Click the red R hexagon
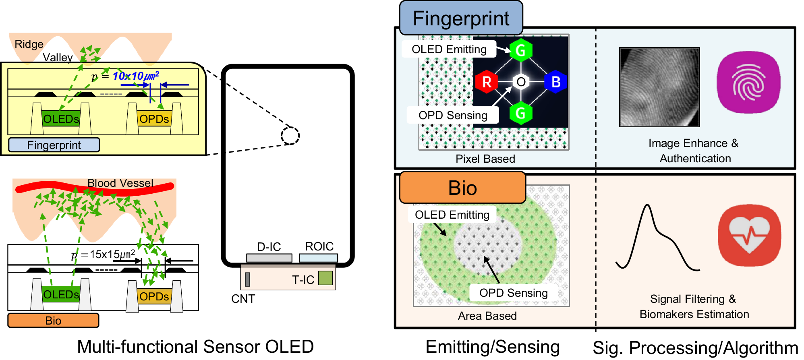(487, 82)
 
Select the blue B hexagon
(555, 82)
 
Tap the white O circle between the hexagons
(521, 82)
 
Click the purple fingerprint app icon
(748, 82)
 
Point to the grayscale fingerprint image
(659, 87)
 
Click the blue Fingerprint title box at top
(461, 19)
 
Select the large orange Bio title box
(462, 188)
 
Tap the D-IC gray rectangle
(269, 258)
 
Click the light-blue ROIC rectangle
(318, 258)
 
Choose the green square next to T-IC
(325, 278)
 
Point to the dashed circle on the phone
(290, 136)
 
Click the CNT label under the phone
(243, 299)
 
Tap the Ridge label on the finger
(29, 44)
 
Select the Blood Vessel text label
(120, 183)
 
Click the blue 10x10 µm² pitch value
(135, 76)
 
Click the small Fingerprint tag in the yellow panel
(54, 145)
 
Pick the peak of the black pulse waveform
(647, 205)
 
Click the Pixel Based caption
(485, 159)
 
